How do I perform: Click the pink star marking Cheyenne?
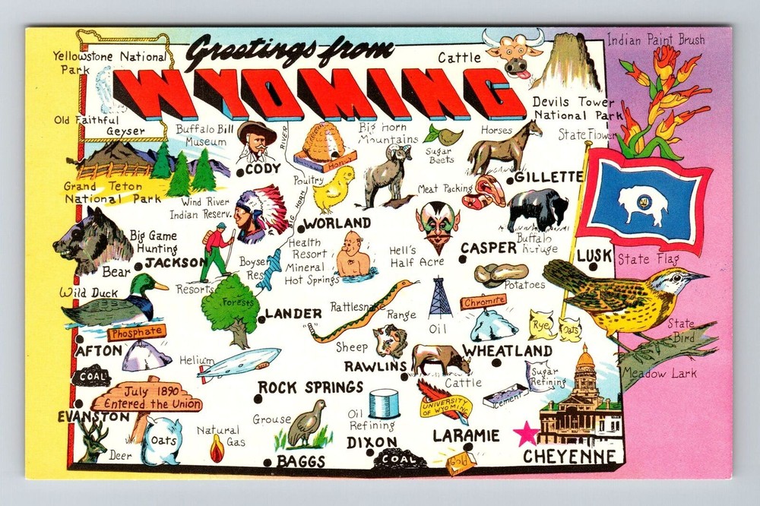(x=526, y=434)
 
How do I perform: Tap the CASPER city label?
(x=488, y=248)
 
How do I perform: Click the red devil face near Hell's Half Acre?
(x=437, y=226)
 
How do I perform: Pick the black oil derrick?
(x=439, y=297)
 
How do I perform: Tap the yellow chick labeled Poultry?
(x=334, y=189)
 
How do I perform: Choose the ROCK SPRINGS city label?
(x=310, y=387)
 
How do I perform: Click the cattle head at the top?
(x=515, y=52)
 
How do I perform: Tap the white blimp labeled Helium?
(x=239, y=363)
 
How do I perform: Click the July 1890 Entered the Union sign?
(x=147, y=397)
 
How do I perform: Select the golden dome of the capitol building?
(x=584, y=360)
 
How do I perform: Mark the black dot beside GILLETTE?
(x=508, y=179)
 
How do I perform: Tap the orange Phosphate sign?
(x=136, y=332)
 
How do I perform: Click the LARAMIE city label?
(x=466, y=436)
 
